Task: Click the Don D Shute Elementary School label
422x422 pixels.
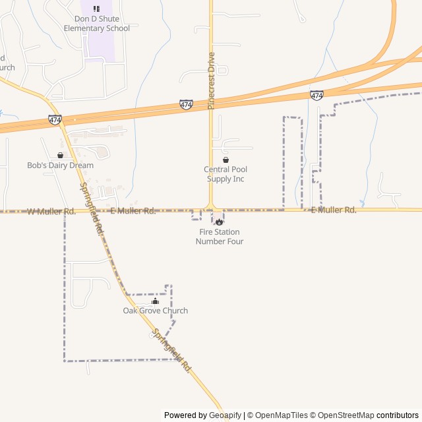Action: point(97,24)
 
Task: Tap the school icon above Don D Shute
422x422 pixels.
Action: point(97,9)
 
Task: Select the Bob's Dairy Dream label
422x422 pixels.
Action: point(60,166)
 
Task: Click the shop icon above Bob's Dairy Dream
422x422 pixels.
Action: point(60,156)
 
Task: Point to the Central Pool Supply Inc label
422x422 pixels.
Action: point(226,174)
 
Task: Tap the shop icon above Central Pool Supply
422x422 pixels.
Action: point(226,160)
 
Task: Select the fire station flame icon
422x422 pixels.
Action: point(219,222)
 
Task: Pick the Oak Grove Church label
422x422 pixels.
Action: point(156,311)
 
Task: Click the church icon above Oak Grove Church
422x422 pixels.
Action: point(156,301)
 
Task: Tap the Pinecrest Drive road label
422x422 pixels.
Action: point(212,80)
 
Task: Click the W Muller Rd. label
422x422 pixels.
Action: point(51,212)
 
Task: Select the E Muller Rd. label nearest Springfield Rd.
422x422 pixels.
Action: point(133,211)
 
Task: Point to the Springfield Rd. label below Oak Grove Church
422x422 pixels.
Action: point(171,350)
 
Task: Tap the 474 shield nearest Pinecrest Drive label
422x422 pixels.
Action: point(186,105)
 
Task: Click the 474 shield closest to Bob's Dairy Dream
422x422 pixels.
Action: point(55,120)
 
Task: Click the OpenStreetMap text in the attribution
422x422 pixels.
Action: point(346,415)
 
